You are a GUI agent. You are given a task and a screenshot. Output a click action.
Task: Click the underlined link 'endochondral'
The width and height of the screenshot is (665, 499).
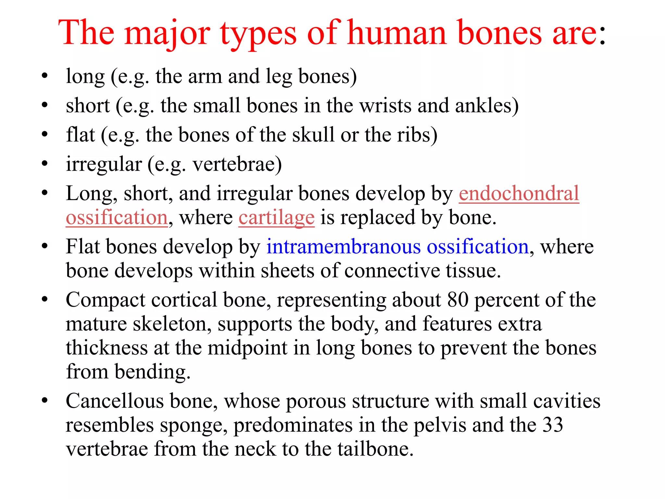[519, 193]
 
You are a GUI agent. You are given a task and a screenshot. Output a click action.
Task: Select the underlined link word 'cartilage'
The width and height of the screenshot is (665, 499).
[276, 217]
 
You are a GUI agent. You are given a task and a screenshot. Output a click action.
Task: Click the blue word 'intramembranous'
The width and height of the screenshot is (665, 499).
[344, 247]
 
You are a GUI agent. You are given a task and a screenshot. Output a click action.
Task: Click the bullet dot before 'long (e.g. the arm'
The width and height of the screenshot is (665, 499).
[45, 76]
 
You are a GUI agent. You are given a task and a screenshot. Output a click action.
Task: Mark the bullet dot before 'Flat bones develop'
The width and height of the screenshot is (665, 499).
[45, 247]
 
